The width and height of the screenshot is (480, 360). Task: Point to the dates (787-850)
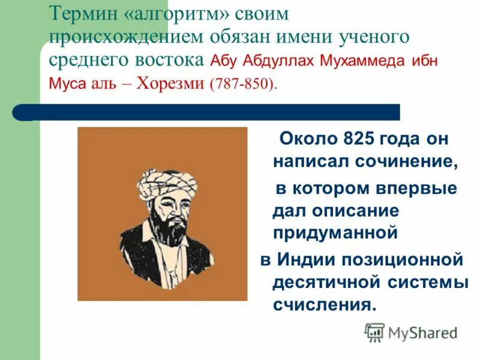pyautogui.click(x=244, y=83)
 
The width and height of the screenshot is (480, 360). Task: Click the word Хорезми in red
pyautogui.click(x=171, y=83)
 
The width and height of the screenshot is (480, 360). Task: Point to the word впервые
pyautogui.click(x=423, y=188)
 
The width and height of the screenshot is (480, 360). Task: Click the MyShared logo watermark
pyautogui.click(x=411, y=331)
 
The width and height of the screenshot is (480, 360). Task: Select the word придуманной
pyautogui.click(x=335, y=232)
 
